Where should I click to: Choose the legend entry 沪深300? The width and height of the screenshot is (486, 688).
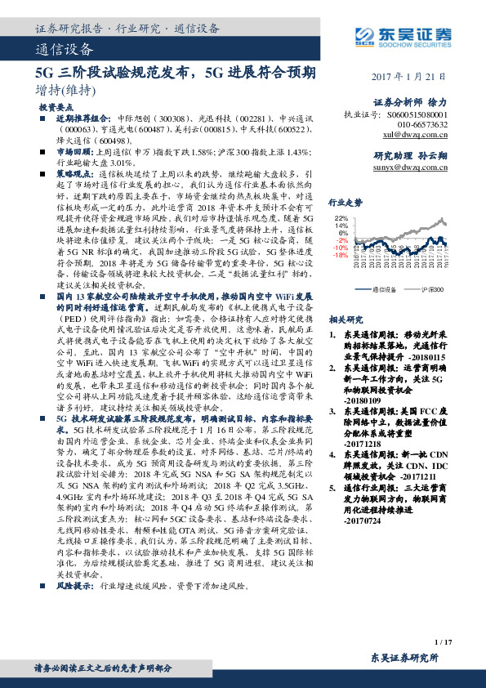click(x=433, y=289)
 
